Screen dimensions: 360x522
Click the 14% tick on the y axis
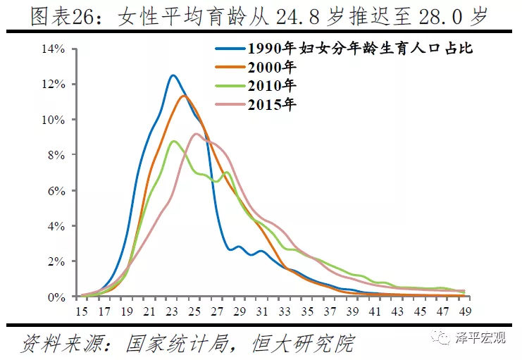[54, 49]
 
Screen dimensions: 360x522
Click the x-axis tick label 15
[82, 310]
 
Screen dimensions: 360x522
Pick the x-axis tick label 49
[464, 310]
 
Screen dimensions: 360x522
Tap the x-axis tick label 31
[261, 310]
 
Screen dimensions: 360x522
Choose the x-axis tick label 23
[172, 310]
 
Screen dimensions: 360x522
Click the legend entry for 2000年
[272, 68]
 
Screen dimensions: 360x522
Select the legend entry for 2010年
[272, 86]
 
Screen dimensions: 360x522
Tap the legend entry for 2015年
[272, 104]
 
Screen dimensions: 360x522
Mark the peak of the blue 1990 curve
[173, 75]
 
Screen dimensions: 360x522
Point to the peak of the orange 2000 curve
[183, 96]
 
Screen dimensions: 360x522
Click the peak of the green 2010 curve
[174, 142]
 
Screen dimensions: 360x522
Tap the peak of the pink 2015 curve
[196, 134]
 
